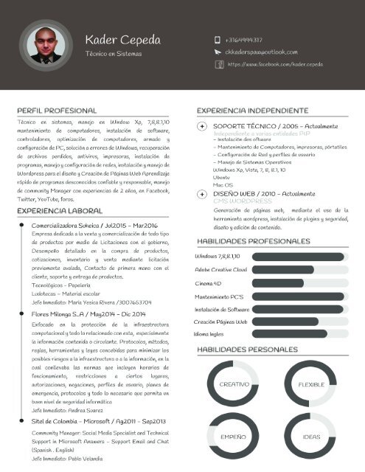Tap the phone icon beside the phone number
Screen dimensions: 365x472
click(218, 40)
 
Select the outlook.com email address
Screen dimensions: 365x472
click(261, 52)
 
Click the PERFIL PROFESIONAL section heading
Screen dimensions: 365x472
click(57, 109)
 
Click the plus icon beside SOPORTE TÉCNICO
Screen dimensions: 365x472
click(203, 127)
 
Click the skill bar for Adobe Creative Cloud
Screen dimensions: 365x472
click(299, 270)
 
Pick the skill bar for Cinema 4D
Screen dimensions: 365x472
click(299, 283)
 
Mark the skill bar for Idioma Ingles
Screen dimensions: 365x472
click(299, 334)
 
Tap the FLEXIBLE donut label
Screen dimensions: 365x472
click(312, 384)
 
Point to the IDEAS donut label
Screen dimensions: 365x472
click(312, 437)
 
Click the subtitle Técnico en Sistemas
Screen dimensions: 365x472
click(114, 54)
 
